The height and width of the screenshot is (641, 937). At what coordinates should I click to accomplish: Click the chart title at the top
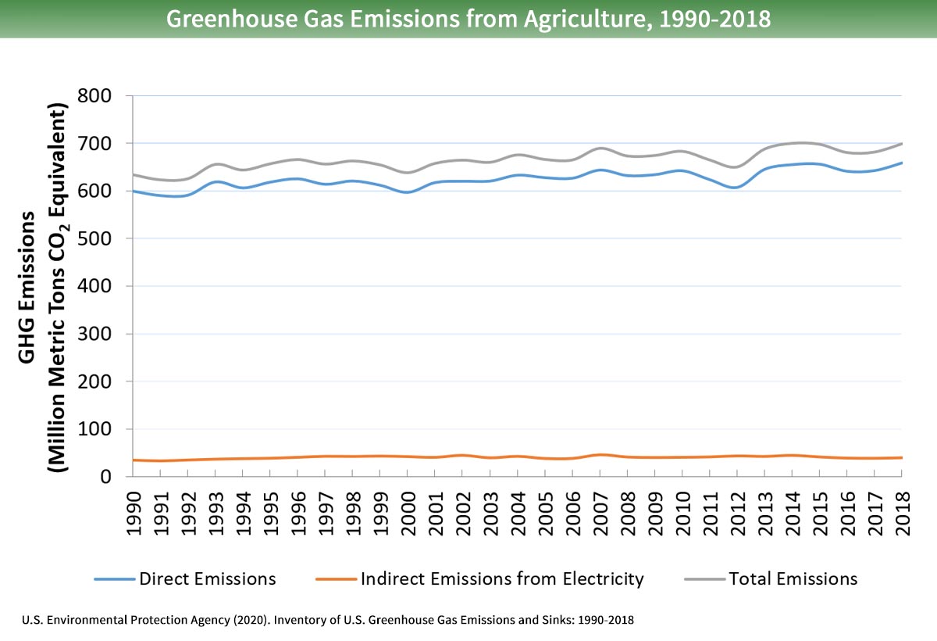click(468, 19)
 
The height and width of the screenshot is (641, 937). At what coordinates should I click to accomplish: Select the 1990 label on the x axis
click(134, 513)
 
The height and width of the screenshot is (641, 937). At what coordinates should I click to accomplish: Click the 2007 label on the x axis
click(600, 513)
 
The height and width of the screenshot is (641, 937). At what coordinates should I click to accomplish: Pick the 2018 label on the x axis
click(902, 513)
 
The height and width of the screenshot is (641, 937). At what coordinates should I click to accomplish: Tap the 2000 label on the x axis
click(408, 513)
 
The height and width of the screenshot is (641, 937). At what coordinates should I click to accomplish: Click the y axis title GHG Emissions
click(27, 287)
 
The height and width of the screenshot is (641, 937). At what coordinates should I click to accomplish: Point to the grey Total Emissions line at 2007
click(600, 148)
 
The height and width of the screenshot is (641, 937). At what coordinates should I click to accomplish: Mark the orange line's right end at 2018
click(902, 457)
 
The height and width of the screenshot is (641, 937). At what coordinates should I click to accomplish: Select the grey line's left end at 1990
click(134, 174)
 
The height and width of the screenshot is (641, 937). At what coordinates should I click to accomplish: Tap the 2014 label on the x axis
click(792, 513)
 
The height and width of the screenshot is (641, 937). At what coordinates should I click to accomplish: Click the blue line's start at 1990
click(134, 191)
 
